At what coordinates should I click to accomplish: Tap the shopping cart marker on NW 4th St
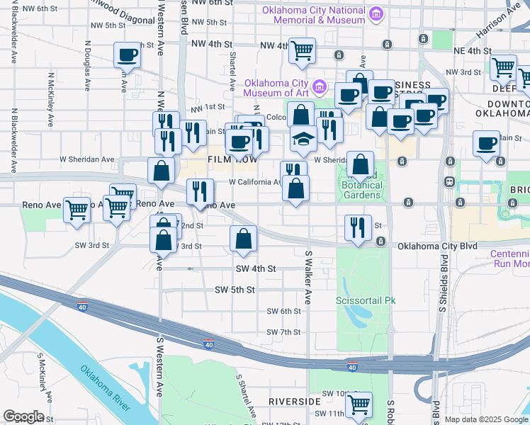303,50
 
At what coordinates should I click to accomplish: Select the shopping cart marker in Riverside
359,404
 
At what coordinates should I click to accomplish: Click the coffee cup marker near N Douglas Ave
128,55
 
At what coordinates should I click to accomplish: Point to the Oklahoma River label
104,387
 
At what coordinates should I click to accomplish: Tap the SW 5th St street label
255,290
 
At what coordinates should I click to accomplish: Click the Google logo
23,416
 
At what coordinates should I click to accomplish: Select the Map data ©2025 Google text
485,420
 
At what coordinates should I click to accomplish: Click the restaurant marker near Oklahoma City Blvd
358,228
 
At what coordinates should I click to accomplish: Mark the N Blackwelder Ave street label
13,135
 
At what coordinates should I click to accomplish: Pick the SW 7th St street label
284,332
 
